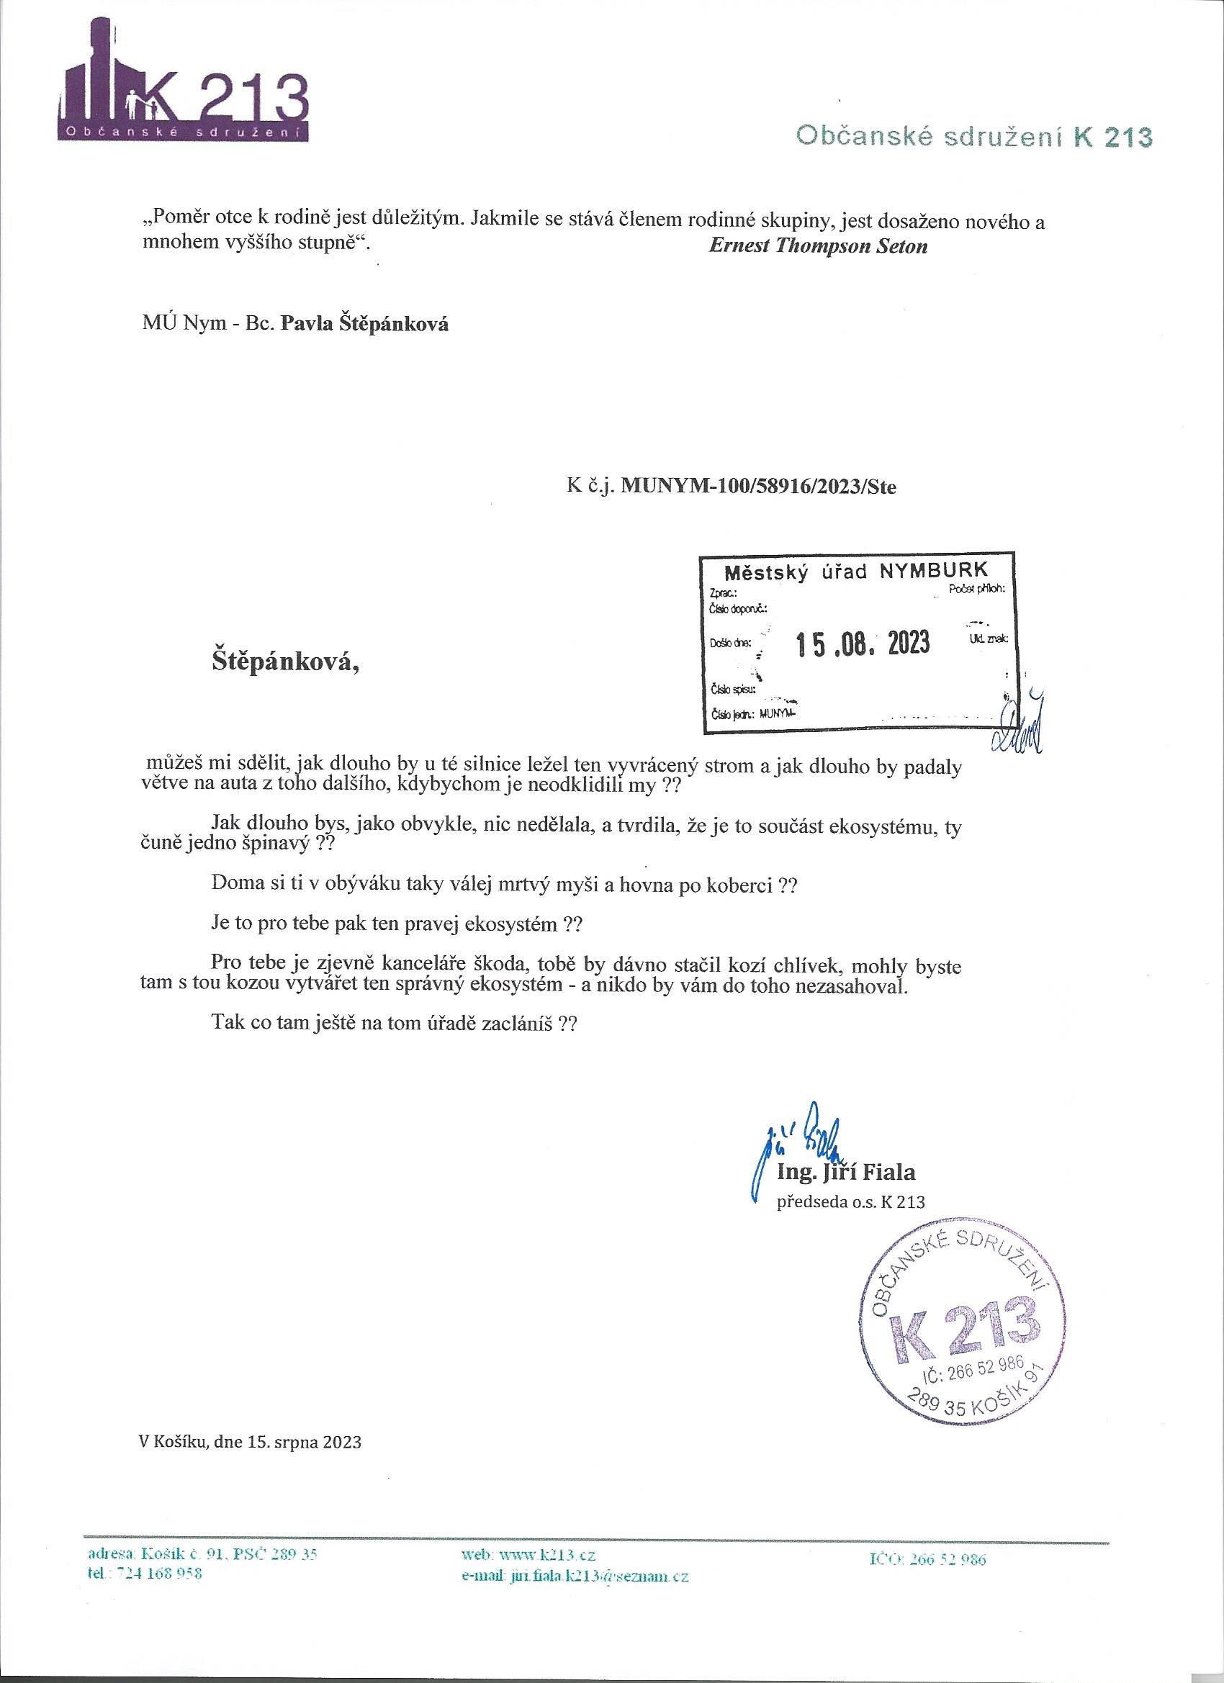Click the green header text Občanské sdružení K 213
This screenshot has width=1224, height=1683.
(974, 137)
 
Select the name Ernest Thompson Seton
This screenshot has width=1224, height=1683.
(817, 247)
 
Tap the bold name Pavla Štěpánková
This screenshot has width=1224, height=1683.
(364, 324)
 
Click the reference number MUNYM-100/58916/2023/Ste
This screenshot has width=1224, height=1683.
(759, 487)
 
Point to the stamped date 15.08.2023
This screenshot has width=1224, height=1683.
(863, 643)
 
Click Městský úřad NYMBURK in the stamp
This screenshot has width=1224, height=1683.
(857, 572)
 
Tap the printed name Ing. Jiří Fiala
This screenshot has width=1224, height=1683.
(845, 1173)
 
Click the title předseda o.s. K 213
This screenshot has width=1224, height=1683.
(850, 1201)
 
